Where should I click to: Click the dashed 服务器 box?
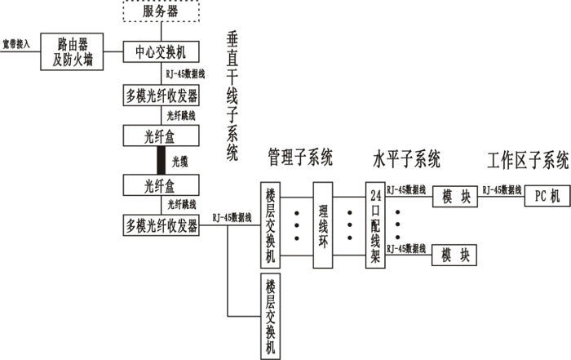coord(161,13)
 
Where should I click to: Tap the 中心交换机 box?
coord(161,51)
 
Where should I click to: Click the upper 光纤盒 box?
coord(161,137)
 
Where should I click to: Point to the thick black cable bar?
coord(161,160)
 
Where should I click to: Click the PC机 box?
coord(544,197)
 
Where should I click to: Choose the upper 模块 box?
coord(454,197)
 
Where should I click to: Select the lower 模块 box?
coord(454,255)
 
